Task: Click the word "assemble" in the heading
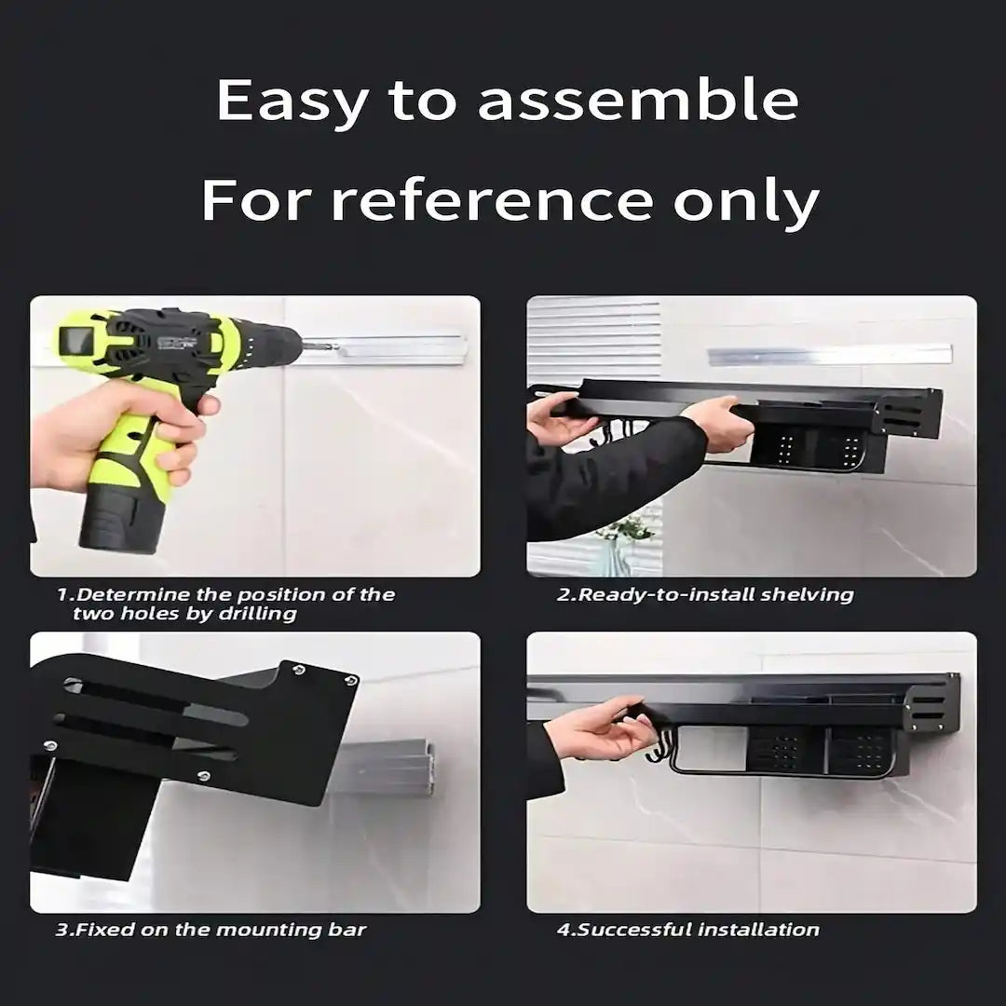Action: coord(638,100)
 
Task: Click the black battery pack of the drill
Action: coord(121,517)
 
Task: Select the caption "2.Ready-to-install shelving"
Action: coord(704,594)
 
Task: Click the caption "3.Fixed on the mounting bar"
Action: coord(211,929)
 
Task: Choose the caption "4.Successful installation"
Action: coord(688,929)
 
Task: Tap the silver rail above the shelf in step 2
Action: coord(829,355)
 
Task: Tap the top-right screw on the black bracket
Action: coord(349,680)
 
